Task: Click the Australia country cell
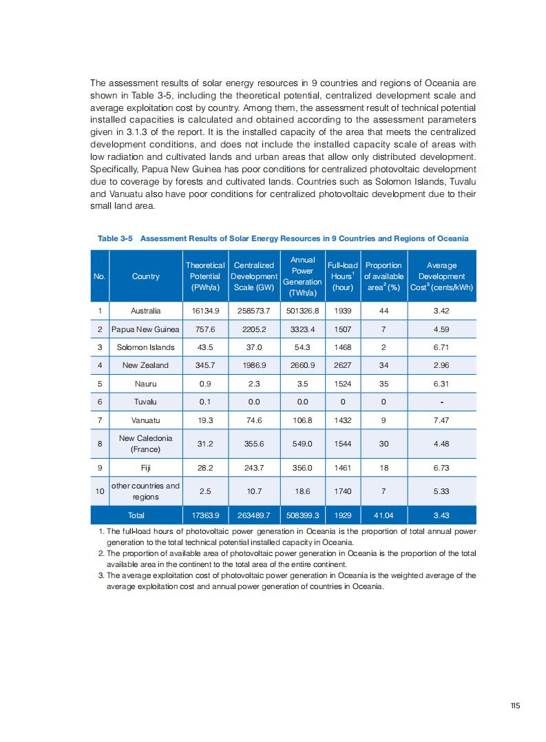pos(145,311)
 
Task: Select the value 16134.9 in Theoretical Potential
pos(205,311)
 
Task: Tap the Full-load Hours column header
pos(342,276)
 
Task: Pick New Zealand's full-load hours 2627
pos(342,365)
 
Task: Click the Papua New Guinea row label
pos(145,329)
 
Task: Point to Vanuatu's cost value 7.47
pos(441,420)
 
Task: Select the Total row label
pos(136,515)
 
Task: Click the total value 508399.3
pos(302,515)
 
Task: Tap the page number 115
pos(515,705)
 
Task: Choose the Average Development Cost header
pos(441,276)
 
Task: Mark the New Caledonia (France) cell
pos(145,444)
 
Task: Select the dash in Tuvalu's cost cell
pos(441,402)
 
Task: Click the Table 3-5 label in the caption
pos(115,238)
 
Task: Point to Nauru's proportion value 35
pos(384,383)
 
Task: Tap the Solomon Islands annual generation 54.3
pos(302,347)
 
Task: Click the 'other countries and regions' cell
pos(145,491)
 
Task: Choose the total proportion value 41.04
pos(384,515)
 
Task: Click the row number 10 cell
pos(100,491)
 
